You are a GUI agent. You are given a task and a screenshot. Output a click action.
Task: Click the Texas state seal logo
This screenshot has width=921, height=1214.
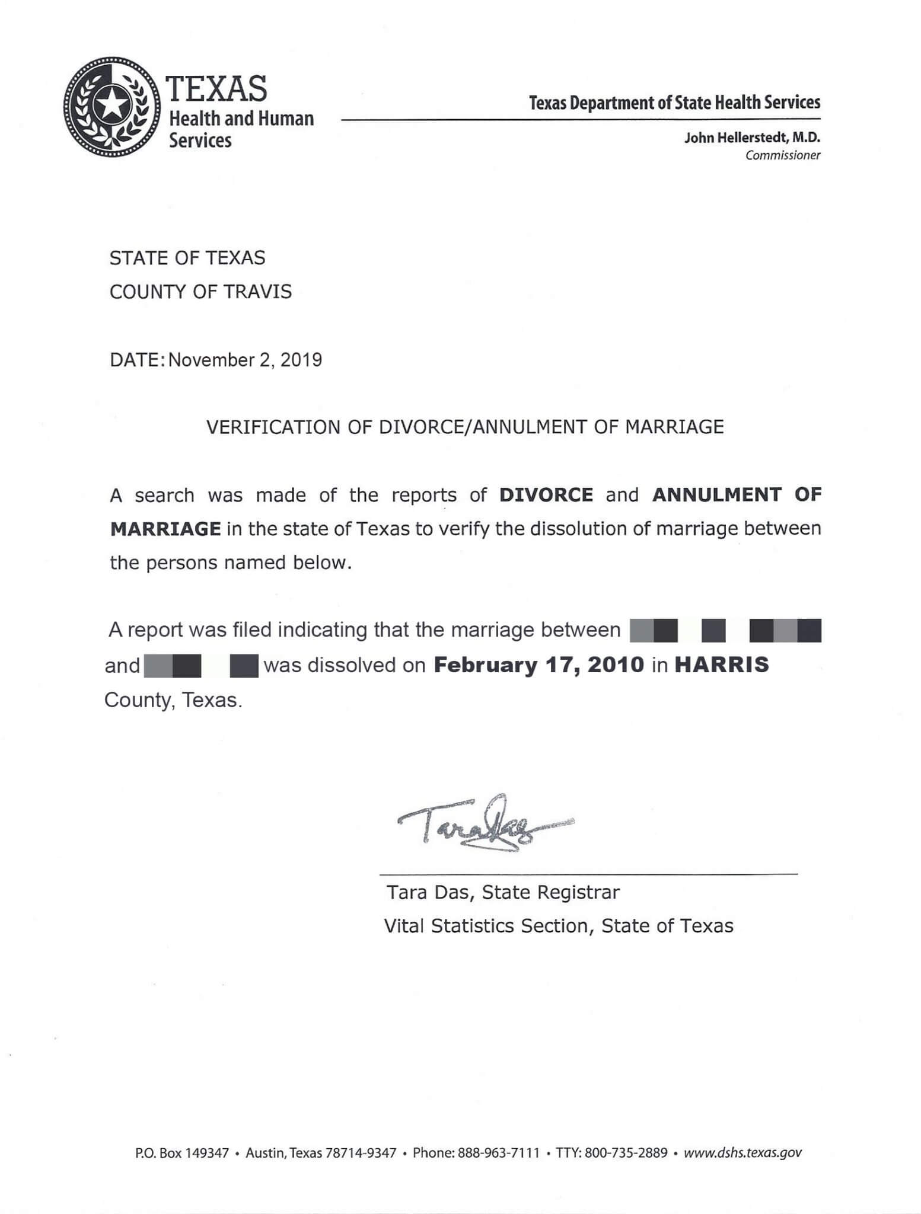tap(112, 107)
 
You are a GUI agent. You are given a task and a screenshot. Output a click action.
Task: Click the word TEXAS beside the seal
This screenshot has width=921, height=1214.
tap(218, 88)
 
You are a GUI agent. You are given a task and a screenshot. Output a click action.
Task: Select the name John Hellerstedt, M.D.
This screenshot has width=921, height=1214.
tap(752, 138)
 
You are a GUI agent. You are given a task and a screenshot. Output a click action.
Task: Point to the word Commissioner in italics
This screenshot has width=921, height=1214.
tap(783, 155)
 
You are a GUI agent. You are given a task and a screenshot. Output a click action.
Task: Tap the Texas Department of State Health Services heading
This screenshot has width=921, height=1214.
tap(675, 103)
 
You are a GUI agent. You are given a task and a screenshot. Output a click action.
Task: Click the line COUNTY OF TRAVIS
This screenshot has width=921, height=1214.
tap(200, 292)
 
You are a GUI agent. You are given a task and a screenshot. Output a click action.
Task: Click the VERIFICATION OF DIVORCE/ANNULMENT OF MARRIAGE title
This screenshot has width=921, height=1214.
tap(464, 427)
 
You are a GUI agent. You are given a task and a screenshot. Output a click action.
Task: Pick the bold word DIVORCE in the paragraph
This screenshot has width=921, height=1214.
tap(546, 495)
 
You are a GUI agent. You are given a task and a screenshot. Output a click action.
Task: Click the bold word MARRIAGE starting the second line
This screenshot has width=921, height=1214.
tap(165, 529)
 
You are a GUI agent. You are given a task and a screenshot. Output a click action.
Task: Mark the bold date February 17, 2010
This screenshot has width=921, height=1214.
tap(538, 665)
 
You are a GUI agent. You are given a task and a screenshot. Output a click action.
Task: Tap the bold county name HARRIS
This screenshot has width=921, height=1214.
tap(722, 665)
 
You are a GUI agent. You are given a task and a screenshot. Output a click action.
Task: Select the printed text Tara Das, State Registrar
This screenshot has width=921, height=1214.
tap(503, 892)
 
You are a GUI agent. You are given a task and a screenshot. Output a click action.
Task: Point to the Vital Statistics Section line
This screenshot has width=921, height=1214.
tap(559, 926)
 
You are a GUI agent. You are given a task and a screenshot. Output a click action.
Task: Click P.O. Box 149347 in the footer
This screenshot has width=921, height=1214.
tap(181, 1153)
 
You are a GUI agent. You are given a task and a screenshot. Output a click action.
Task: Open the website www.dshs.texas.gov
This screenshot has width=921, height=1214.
tap(742, 1153)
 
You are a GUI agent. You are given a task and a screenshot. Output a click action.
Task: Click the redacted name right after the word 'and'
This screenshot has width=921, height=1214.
tap(200, 666)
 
